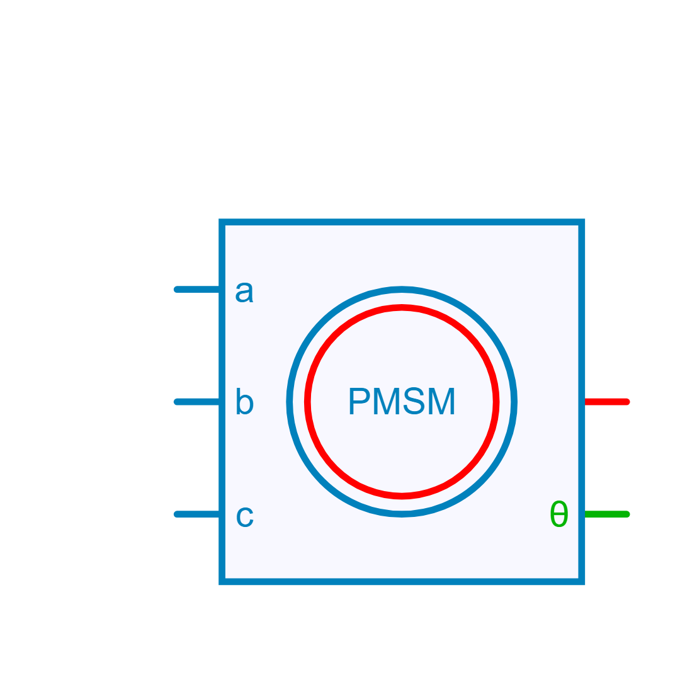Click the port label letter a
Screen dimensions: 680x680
pos(244,293)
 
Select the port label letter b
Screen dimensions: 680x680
pos(244,403)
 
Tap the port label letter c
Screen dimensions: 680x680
pos(244,517)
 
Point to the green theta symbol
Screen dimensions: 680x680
pos(558,515)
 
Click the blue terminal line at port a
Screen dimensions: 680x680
pos(196,290)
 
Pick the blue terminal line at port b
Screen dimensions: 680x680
pos(196,402)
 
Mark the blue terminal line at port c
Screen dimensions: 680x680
pos(196,514)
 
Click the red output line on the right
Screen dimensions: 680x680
pos(607,402)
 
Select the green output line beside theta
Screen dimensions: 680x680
pos(607,514)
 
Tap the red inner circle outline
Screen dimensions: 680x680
pos(402,307)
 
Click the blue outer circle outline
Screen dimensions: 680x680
pos(402,289)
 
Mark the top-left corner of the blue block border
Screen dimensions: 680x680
pos(222,222)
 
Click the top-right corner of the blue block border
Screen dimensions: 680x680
pos(582,222)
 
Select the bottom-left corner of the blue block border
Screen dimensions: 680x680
pos(222,581)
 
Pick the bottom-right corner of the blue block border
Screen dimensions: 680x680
pos(582,581)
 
